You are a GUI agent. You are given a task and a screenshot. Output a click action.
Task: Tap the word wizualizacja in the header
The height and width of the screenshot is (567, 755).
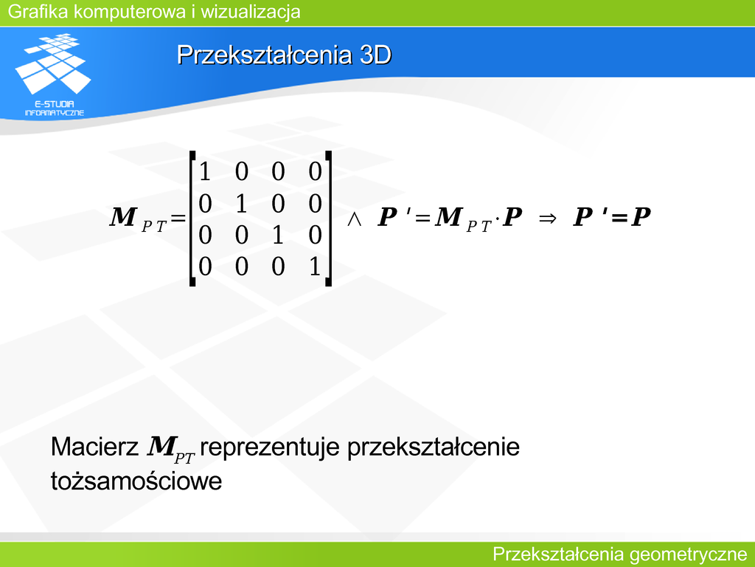point(251,12)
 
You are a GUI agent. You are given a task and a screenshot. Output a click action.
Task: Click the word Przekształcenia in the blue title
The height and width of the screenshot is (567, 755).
point(265,55)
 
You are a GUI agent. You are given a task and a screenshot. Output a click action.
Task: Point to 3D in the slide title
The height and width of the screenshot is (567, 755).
point(375,55)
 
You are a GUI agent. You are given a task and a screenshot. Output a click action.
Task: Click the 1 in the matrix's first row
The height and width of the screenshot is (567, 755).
point(205,171)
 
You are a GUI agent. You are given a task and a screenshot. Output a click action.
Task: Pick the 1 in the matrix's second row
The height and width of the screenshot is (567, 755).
point(241,203)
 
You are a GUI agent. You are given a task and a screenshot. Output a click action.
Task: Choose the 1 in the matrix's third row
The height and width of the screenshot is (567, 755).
point(278,235)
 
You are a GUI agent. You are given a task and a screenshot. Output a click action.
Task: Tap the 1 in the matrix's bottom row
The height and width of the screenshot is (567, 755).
point(314,267)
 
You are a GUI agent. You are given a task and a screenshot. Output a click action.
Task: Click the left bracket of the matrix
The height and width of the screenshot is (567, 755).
point(192,219)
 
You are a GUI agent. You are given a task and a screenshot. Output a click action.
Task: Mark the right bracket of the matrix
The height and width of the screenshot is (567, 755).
point(328,219)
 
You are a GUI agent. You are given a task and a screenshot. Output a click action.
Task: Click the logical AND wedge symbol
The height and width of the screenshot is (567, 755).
point(355,219)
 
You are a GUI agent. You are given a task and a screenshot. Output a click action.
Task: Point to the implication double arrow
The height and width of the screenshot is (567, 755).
point(548,219)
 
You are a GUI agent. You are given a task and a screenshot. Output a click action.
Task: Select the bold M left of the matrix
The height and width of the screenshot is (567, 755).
point(123,216)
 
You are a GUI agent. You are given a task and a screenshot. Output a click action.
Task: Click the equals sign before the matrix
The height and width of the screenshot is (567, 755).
point(178,219)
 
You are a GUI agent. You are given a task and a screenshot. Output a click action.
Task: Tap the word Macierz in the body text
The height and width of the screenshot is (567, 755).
point(94,447)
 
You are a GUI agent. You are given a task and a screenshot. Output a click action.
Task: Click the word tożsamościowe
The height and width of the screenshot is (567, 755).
point(136,481)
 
